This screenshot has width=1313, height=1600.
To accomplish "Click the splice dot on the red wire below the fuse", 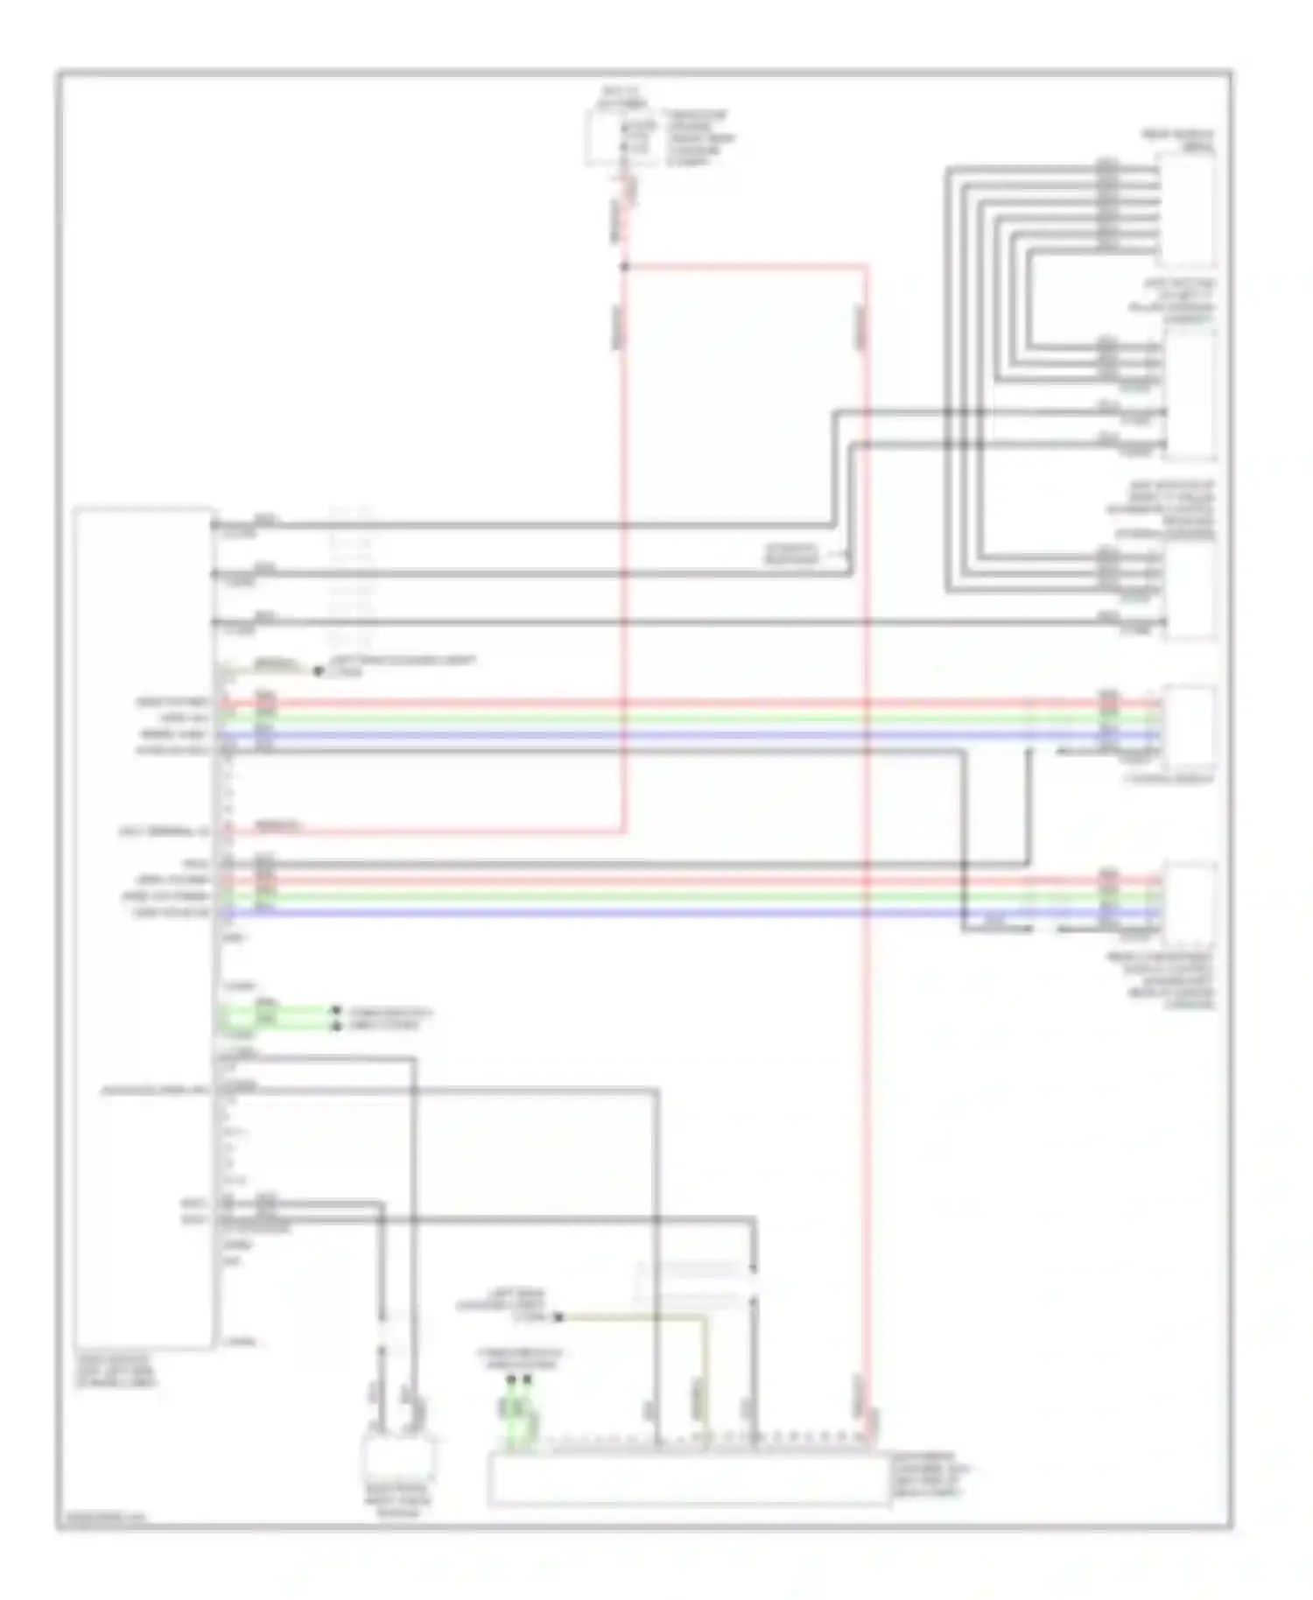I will tap(625, 266).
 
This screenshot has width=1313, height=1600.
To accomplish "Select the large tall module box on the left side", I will tap(144, 928).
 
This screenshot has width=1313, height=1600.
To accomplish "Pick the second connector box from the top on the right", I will tap(1190, 396).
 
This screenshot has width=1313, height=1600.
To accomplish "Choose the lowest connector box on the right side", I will tap(1190, 905).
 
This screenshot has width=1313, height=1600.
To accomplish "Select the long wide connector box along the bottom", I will tap(688, 1479).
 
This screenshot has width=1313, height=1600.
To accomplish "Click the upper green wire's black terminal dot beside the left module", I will tap(335, 1011).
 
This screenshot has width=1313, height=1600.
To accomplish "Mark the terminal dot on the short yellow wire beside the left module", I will tap(318, 671).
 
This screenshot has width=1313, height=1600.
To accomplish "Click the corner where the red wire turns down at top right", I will tap(867, 265).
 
